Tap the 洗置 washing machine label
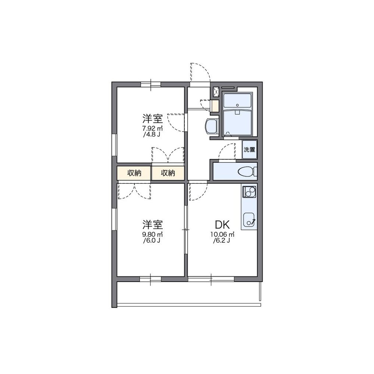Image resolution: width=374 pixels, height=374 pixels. coord(249,150)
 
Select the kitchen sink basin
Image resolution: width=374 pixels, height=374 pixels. coord(249,220)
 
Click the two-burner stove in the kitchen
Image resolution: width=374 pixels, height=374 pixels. coord(249,192)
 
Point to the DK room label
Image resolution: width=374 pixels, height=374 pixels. coord(222,225)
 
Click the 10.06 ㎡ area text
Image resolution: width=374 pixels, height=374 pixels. coord(222,234)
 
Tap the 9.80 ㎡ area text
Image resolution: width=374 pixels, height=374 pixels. coord(153,234)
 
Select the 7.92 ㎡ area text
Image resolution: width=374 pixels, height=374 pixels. coord(153,128)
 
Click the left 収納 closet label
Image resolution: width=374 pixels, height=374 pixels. coord(134,173)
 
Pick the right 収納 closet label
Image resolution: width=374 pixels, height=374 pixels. coord(168,173)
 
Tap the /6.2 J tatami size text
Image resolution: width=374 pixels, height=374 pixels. coord(221,240)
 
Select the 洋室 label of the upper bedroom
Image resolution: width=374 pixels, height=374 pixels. coord(153,119)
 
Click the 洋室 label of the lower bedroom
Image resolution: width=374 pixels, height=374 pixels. coord(153,225)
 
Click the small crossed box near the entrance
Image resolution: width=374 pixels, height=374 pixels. coord(216,92)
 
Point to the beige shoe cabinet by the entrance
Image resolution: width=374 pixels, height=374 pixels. coord(215,106)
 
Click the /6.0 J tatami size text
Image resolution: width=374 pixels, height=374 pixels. coord(152,240)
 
